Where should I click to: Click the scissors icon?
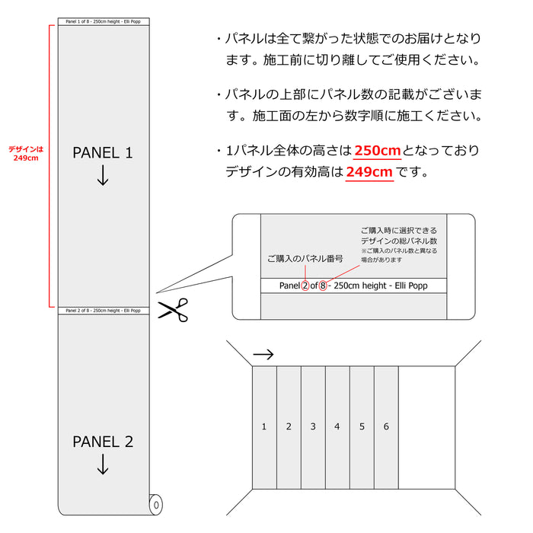(173, 311)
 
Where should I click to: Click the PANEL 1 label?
(103, 153)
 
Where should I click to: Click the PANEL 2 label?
(103, 442)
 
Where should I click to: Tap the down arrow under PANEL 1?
(103, 177)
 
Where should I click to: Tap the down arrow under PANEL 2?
(103, 465)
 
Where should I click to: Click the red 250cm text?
(378, 151)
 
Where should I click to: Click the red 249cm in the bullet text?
(369, 172)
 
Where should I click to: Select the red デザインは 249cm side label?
(26, 153)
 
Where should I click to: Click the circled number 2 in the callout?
(306, 286)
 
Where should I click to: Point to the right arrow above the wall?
(263, 354)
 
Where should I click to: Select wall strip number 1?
(264, 426)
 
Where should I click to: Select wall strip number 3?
(313, 426)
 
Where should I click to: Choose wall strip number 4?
(337, 426)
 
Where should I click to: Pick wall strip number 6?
(386, 426)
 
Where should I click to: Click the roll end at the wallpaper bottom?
(155, 503)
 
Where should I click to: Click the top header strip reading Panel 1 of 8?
(104, 21)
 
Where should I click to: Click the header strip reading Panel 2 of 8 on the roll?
(104, 311)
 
